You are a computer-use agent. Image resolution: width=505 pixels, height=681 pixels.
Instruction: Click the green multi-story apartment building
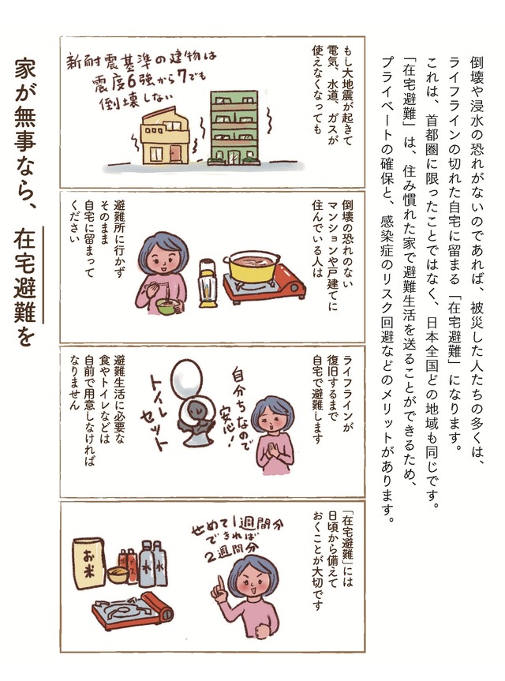click(234, 128)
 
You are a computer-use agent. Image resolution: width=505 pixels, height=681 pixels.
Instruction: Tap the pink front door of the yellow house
click(175, 153)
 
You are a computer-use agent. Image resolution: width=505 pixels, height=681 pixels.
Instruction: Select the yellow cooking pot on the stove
click(252, 267)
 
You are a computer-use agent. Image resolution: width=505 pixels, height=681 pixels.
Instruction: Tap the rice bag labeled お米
click(90, 563)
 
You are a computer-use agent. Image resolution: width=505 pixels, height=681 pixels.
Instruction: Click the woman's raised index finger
click(221, 584)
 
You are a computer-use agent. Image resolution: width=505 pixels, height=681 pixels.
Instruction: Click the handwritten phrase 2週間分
click(232, 550)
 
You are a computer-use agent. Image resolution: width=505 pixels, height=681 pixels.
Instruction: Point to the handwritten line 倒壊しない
click(136, 101)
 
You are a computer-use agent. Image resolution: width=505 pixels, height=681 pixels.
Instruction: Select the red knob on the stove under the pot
click(294, 286)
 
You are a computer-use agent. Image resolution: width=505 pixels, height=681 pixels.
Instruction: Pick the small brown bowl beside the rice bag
click(118, 574)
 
